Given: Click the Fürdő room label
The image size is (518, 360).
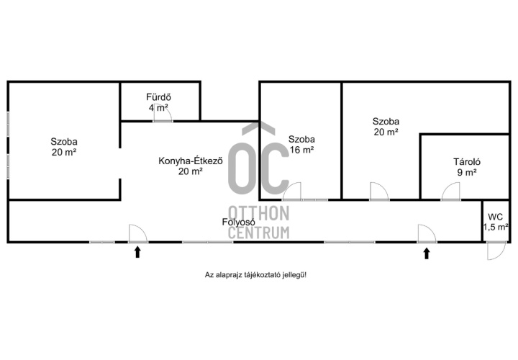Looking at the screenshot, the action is click(158, 97).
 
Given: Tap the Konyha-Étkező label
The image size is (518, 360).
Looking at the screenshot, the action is click(191, 161).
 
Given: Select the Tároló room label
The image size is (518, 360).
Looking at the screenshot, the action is click(467, 162).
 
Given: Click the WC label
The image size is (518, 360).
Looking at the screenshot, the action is click(495, 217).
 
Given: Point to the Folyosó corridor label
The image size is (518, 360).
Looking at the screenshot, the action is click(239, 222).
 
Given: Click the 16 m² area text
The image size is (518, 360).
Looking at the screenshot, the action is click(301, 150).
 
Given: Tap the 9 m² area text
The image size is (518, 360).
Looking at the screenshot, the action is click(467, 172).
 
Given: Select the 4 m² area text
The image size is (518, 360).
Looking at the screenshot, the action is click(158, 107).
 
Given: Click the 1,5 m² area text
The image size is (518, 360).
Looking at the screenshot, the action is click(496, 227).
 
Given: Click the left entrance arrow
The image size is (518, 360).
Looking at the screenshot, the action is click(137, 253).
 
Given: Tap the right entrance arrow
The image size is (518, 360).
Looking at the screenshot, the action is click(427, 253).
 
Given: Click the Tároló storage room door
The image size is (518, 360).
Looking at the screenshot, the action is click(450, 192).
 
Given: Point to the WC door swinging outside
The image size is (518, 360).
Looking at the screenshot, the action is click(496, 251).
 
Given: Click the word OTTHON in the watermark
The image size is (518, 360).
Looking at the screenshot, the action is click(259, 213).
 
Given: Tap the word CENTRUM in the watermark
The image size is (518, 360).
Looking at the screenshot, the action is click(259, 233).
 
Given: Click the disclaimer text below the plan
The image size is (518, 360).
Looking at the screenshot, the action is click(255, 275).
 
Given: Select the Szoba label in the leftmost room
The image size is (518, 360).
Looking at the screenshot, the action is click(64, 142).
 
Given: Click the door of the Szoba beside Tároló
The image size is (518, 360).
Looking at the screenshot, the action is click(379, 192).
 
